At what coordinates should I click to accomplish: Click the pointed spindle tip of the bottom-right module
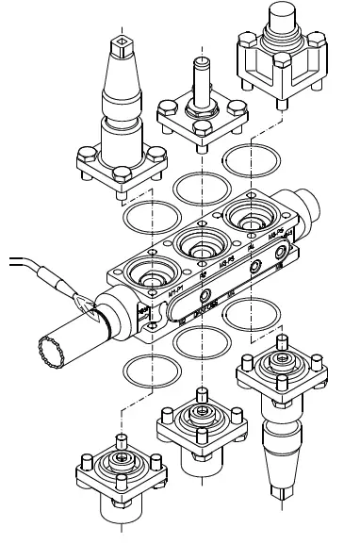click(280, 492)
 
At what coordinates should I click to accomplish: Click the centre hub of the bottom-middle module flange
click(200, 416)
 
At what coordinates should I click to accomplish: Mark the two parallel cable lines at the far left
click(14, 260)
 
